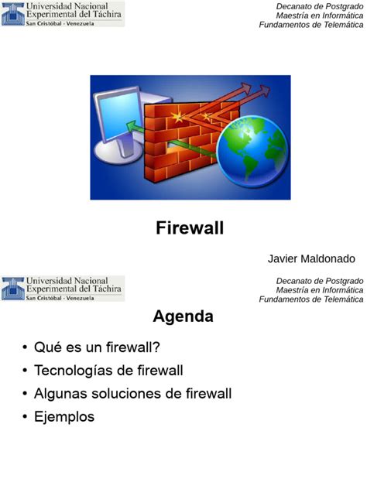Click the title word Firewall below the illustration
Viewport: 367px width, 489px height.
(190, 227)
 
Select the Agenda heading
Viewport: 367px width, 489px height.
(183, 316)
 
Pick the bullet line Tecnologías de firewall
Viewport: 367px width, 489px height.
(108, 371)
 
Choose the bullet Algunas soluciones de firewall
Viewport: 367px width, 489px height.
(132, 394)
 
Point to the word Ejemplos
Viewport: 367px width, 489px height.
(64, 417)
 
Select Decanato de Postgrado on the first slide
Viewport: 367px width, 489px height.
(320, 6)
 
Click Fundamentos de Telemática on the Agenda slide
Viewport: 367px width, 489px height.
(310, 299)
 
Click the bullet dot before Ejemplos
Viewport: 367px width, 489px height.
(26, 418)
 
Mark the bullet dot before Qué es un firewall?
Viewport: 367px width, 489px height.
(26, 348)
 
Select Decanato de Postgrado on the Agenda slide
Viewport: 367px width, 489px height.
(320, 280)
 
